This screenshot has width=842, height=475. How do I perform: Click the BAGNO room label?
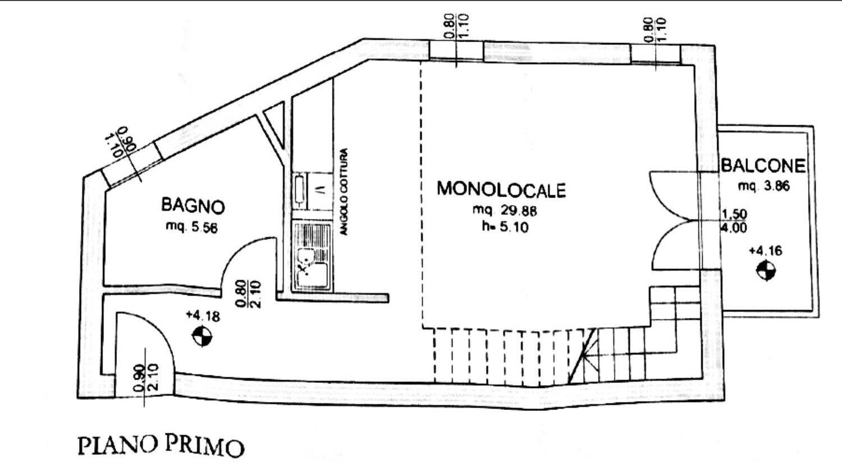click(x=193, y=205)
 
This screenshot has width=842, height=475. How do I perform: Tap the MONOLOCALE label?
click(x=501, y=189)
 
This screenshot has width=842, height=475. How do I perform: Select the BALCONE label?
click(x=763, y=166)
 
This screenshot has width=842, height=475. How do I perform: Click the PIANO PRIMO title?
click(x=161, y=446)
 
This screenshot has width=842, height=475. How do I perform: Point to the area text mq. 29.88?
click(x=505, y=211)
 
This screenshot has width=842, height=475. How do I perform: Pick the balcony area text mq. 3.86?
click(x=763, y=186)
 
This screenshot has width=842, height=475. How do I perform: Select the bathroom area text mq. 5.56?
click(x=192, y=227)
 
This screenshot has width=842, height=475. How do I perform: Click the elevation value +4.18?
click(x=203, y=316)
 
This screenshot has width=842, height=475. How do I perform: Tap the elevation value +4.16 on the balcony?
click(x=765, y=250)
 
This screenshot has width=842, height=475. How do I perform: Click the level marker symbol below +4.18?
click(x=202, y=336)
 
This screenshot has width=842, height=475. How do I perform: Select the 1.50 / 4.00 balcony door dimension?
click(x=734, y=221)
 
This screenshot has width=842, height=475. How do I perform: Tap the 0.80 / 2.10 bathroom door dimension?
click(x=248, y=294)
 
